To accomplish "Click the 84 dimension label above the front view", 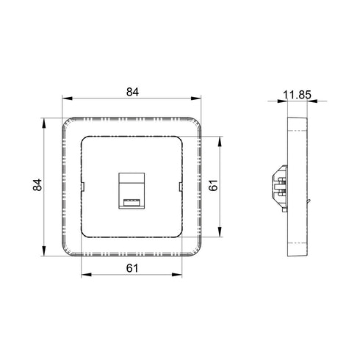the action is click(132, 92).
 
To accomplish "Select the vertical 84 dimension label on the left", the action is click(37, 185).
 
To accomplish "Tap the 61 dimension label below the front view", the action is click(132, 268).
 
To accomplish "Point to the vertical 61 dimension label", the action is click(213, 185).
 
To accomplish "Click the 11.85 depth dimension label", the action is click(297, 95).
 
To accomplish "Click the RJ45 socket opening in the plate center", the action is click(132, 191).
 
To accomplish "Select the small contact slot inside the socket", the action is click(132, 202).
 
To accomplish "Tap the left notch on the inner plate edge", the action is click(82, 187).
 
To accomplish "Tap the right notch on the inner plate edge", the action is click(181, 187).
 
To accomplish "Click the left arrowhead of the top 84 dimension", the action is click(68, 98).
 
